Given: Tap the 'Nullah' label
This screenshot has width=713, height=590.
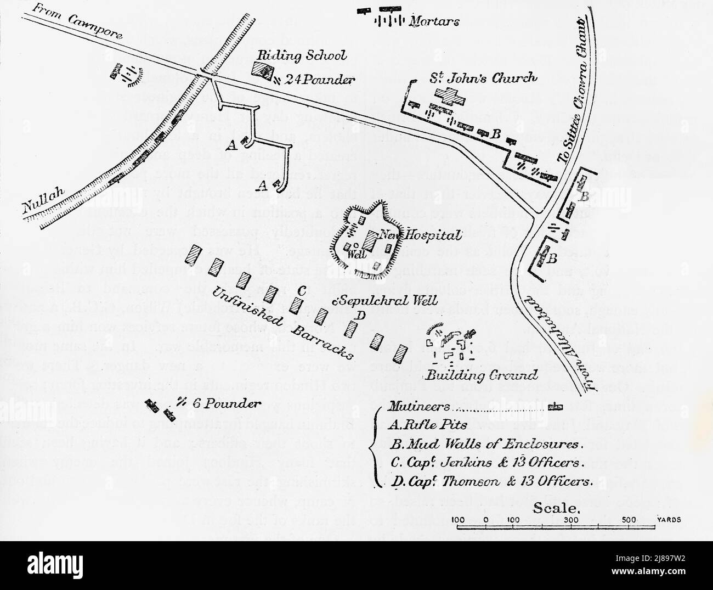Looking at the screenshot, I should pos(44,198).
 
